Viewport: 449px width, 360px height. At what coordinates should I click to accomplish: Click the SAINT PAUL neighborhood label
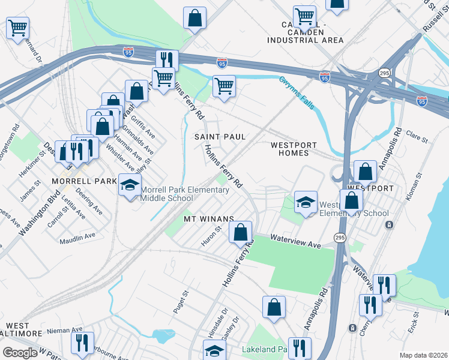point(220,137)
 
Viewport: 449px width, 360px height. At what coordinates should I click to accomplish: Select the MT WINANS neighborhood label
point(208,218)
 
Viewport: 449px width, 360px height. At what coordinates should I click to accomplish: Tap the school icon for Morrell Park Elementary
point(128,187)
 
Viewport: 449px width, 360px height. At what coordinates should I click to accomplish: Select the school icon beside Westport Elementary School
point(306,203)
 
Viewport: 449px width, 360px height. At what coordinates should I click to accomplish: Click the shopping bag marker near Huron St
point(241,233)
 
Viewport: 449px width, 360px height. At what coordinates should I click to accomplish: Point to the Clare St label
point(417,136)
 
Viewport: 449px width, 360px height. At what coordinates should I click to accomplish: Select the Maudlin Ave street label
point(77,238)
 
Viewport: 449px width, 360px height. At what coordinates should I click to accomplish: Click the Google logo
point(20,353)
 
